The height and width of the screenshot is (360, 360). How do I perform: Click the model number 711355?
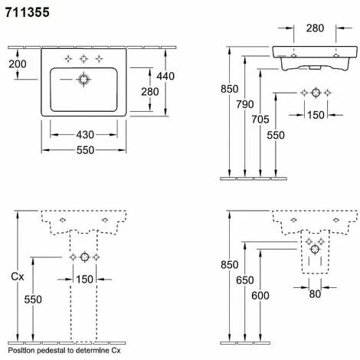coord(27,12)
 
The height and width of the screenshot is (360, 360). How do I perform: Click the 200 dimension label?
coord(18,64)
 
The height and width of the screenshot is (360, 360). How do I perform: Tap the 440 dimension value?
coord(165,76)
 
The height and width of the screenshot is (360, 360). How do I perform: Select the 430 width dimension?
coord(85,135)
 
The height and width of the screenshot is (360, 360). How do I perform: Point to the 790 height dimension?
coord(245,104)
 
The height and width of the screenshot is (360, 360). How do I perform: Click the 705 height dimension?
coord(260,119)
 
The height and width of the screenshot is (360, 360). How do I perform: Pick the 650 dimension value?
coord(245,280)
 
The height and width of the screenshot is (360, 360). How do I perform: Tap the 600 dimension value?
coord(260,296)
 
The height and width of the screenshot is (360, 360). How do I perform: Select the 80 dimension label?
coord(315,294)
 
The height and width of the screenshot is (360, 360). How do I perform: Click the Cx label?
coord(18,277)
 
